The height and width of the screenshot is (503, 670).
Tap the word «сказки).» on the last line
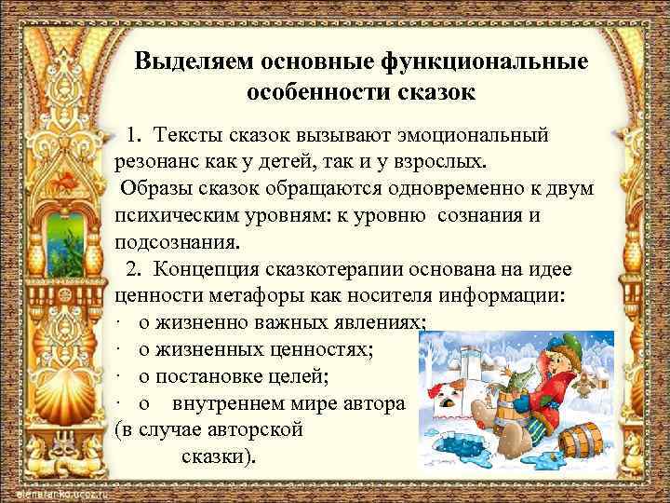tap(223, 457)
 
